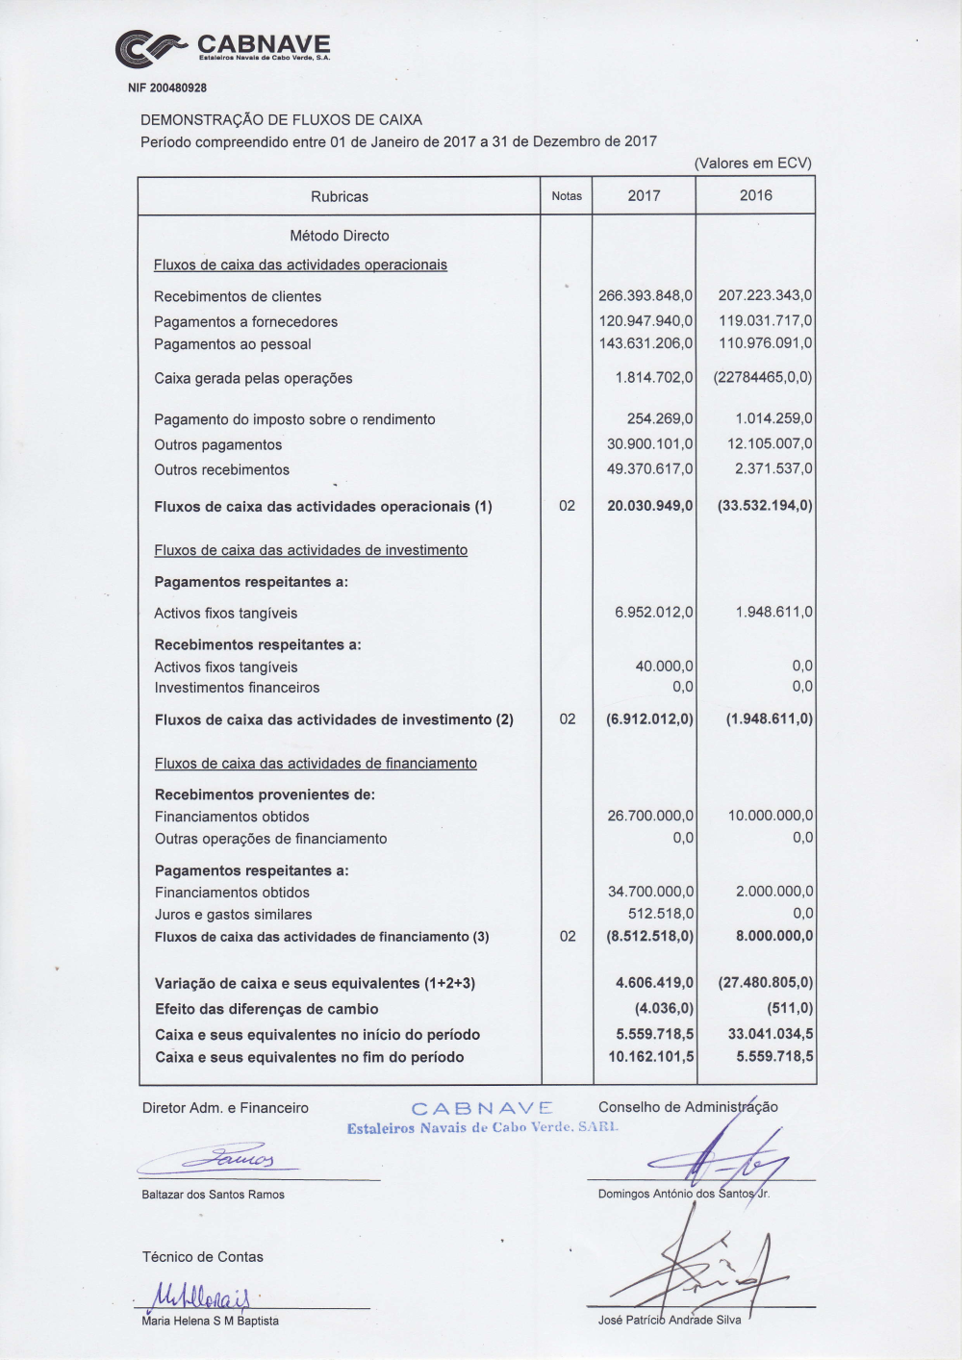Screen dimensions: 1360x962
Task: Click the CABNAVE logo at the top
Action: (222, 48)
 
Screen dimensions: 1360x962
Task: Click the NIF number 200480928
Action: (167, 88)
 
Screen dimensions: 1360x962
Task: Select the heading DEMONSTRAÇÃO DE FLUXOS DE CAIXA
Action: (281, 120)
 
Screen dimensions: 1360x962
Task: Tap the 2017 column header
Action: (644, 196)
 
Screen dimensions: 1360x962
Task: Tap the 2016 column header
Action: (755, 195)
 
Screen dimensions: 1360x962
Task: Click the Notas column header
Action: (567, 196)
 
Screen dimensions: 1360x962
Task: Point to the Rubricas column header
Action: (339, 196)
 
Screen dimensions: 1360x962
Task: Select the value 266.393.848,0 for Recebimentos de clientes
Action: (645, 296)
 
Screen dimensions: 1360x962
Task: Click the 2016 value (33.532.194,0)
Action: (765, 506)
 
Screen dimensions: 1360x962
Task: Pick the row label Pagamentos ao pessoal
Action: (232, 344)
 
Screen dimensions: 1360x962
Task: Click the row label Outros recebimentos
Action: (221, 470)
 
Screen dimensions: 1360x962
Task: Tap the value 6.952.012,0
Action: (653, 613)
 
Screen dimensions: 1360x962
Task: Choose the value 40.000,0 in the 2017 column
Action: (664, 667)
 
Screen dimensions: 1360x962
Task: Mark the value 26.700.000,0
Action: (649, 817)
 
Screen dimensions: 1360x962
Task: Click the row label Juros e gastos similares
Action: (233, 915)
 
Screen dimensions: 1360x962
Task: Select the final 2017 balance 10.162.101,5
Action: (650, 1057)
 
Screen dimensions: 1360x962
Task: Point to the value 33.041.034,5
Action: (770, 1035)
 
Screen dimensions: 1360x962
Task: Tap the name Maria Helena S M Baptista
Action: (210, 1322)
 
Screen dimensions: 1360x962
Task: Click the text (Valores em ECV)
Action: (752, 164)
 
